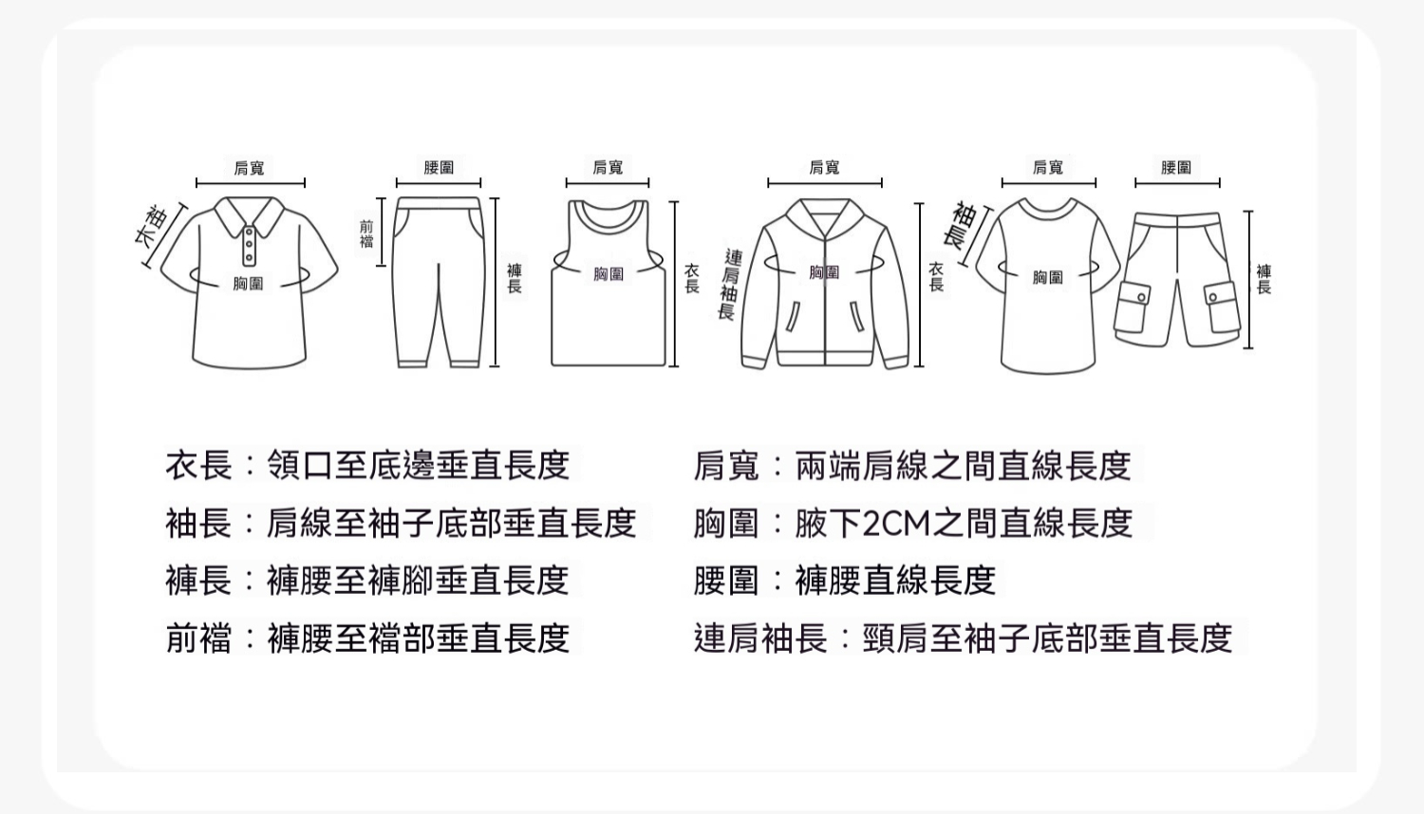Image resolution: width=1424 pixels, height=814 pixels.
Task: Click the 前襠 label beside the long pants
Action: tap(366, 233)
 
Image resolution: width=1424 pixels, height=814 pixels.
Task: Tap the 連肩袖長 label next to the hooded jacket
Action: tap(730, 284)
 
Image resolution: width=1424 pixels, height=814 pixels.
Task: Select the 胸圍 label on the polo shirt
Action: tap(248, 284)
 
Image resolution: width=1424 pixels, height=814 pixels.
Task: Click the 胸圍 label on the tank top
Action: tap(609, 274)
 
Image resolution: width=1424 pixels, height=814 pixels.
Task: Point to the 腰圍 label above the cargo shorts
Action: tap(1176, 167)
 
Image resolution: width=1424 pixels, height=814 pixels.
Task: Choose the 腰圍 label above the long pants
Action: tap(439, 167)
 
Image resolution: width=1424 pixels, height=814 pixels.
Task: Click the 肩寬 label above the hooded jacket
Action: tap(825, 167)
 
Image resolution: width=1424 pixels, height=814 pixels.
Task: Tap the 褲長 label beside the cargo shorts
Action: tap(1264, 280)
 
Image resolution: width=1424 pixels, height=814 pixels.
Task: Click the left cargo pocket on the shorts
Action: tap(1133, 307)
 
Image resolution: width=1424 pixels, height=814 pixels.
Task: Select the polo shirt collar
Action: tap(249, 216)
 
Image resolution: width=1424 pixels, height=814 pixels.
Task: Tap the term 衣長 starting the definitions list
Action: tap(199, 465)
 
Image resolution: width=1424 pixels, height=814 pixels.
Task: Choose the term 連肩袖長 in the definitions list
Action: tap(760, 638)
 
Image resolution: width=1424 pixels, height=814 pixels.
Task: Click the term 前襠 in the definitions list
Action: tap(199, 638)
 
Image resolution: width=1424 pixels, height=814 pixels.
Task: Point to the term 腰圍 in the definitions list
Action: tap(726, 581)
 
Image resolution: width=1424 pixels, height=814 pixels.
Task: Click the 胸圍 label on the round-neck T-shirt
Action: tap(1048, 277)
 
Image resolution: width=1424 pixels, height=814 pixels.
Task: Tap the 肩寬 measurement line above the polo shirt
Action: tap(251, 183)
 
